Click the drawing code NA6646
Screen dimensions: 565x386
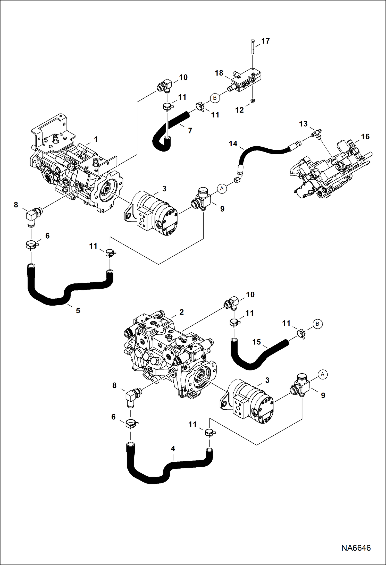click(356, 548)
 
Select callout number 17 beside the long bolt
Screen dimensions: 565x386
click(265, 41)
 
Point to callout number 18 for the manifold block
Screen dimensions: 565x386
click(219, 73)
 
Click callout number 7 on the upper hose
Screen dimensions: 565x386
click(190, 131)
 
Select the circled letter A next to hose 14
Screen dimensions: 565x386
click(222, 189)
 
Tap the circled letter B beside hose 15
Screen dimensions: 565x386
click(317, 324)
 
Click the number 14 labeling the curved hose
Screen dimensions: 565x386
click(233, 144)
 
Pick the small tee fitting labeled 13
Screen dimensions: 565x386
click(316, 134)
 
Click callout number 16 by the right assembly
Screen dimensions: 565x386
click(365, 137)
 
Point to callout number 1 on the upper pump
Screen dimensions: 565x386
click(96, 140)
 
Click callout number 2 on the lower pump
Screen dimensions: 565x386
click(181, 312)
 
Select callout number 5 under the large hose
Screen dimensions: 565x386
click(78, 311)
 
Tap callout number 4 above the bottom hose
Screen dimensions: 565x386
click(173, 449)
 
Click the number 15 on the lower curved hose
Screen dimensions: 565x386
click(256, 342)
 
